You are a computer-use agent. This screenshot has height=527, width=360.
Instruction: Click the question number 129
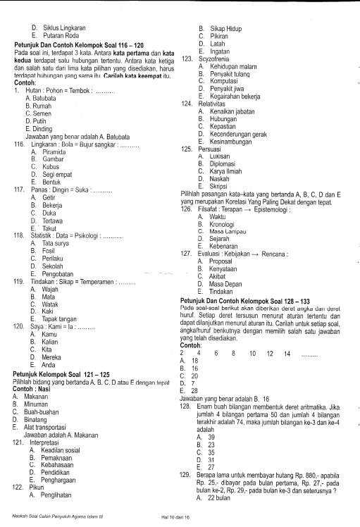click(187, 476)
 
